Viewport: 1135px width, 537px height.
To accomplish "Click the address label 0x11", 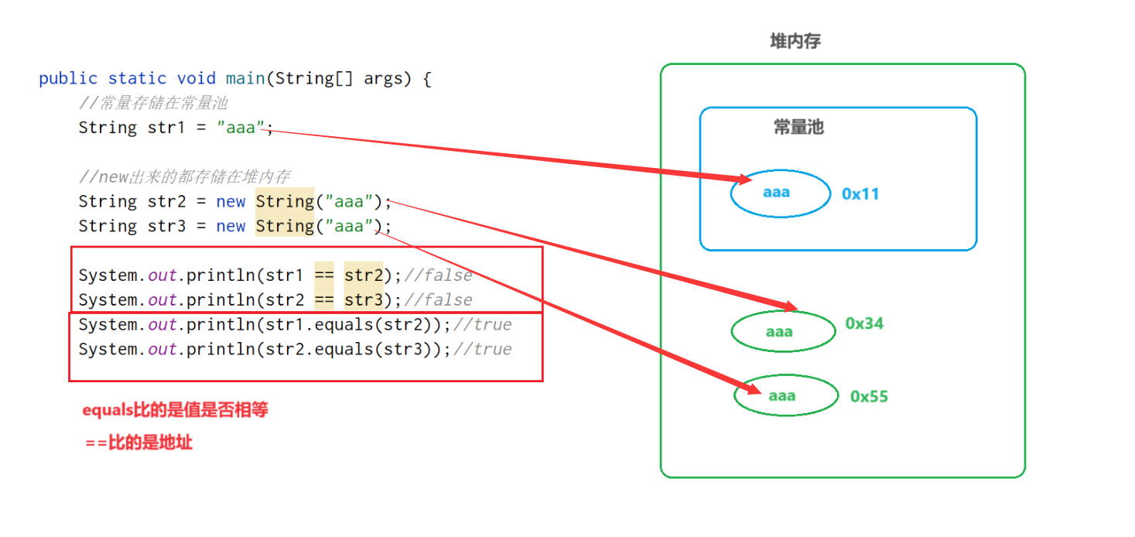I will click(860, 193).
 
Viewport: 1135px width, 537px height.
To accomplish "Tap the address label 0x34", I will click(864, 323).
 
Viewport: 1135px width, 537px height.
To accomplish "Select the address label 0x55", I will click(869, 396).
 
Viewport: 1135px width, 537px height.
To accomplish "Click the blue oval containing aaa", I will click(780, 193).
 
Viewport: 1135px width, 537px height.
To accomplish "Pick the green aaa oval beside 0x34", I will click(783, 331).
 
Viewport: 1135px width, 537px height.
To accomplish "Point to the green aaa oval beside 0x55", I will click(786, 395).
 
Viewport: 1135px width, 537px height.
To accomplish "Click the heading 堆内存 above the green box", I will click(795, 42).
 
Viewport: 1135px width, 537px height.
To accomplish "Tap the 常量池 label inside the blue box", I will click(798, 128).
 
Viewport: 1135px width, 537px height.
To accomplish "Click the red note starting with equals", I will click(176, 410).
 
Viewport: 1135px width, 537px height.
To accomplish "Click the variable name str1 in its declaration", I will click(166, 128).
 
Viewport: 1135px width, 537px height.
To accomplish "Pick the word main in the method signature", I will click(243, 79).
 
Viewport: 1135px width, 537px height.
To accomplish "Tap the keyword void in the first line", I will click(197, 79).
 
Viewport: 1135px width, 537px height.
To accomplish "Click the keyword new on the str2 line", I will click(231, 202).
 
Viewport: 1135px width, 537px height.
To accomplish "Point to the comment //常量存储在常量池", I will click(153, 103).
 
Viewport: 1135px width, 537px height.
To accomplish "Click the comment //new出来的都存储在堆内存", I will click(185, 177).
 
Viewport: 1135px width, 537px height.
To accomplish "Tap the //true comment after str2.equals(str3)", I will click(482, 350).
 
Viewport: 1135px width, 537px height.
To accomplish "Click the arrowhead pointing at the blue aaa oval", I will click(744, 180).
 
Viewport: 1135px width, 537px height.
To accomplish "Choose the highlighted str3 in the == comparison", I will click(364, 300).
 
